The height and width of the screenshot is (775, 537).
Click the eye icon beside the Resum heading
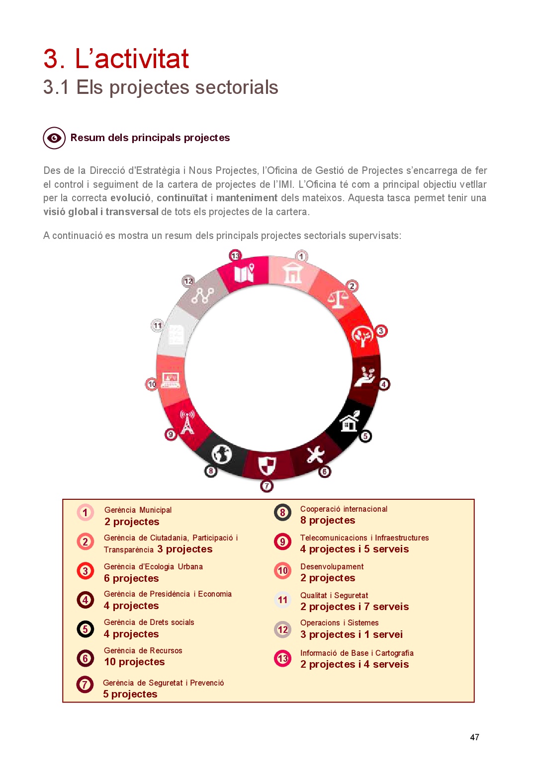pyautogui.click(x=54, y=138)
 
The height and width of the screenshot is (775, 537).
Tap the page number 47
pyautogui.click(x=474, y=737)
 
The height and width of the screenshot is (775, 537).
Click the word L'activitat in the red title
pyautogui.click(x=132, y=59)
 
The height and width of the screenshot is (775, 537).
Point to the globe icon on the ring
pyautogui.click(x=222, y=454)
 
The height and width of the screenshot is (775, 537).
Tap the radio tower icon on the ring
pyautogui.click(x=187, y=422)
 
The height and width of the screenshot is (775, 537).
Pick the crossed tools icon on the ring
pyautogui.click(x=315, y=454)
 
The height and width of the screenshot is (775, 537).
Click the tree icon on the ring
pyautogui.click(x=362, y=336)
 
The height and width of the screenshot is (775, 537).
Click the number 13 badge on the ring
pyautogui.click(x=235, y=256)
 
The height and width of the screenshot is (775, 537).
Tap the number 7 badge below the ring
pyautogui.click(x=267, y=486)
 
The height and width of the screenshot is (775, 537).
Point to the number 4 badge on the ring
pyautogui.click(x=384, y=384)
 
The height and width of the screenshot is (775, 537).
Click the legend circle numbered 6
pyautogui.click(x=85, y=658)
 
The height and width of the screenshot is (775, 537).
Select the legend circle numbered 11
pyautogui.click(x=282, y=600)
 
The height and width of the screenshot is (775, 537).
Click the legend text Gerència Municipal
pyautogui.click(x=138, y=510)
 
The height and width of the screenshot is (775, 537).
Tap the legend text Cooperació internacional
pyautogui.click(x=344, y=509)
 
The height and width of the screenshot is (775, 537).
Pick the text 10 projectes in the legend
pyautogui.click(x=134, y=662)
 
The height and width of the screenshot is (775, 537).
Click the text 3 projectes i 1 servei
pyautogui.click(x=352, y=635)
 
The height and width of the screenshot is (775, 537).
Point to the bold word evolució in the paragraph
pyautogui.click(x=130, y=198)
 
